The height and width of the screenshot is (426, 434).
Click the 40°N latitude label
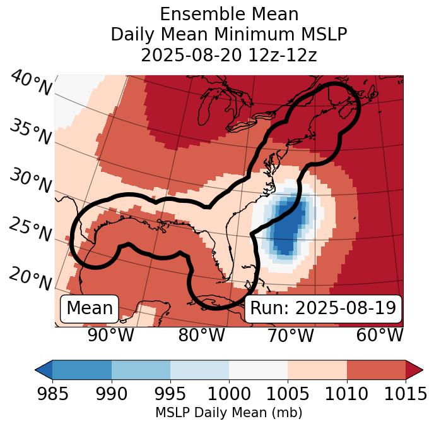(30, 84)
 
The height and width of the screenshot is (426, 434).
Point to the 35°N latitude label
(30, 133)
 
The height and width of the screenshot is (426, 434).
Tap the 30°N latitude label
(30, 182)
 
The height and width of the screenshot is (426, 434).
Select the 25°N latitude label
(30, 230)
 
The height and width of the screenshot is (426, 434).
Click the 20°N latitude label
(30, 279)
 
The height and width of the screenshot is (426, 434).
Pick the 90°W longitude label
(111, 336)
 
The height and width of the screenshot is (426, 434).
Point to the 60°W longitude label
(379, 336)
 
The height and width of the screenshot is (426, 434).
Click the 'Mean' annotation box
(90, 308)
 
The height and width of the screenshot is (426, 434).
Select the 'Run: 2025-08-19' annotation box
(323, 308)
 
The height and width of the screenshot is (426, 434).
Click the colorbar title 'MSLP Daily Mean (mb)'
(229, 413)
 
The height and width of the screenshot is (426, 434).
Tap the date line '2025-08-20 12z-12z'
(229, 55)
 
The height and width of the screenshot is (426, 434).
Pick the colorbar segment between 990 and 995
(141, 370)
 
